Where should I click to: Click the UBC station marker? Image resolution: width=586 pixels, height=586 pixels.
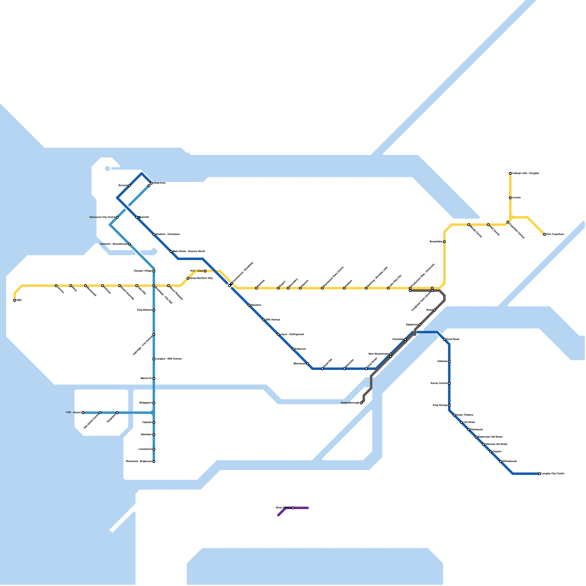tap(15, 300)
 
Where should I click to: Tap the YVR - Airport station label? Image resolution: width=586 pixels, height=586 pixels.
tap(73, 412)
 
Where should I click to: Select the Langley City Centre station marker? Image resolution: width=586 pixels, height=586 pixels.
tap(539, 474)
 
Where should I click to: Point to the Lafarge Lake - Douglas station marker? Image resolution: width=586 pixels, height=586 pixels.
tap(510, 173)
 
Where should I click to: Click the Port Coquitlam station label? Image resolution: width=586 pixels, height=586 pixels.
tap(555, 234)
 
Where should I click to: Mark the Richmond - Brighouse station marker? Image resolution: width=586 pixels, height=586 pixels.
tap(154, 461)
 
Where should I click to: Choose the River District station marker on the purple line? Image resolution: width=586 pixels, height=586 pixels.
tap(293, 508)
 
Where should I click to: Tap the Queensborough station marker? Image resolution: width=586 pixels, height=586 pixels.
tap(361, 403)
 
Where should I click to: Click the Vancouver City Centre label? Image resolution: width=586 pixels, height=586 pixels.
tap(102, 217)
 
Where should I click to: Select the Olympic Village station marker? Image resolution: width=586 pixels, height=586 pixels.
tap(154, 271)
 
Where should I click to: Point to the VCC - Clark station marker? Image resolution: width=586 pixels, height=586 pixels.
tap(205, 271)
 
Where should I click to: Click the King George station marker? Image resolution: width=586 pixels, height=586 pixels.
tap(449, 405)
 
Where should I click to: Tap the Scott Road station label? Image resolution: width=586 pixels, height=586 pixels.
tap(453, 340)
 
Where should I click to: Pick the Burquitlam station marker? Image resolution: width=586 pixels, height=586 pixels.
tap(444, 242)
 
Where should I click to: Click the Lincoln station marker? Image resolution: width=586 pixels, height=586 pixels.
tap(510, 198)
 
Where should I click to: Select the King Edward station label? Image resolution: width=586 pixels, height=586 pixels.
tap(144, 310)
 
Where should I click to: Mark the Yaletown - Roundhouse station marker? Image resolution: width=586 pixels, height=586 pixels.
tap(129, 244)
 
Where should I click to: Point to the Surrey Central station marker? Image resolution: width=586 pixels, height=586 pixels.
tap(449, 383)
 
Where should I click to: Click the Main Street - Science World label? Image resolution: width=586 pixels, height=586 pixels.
tap(189, 252)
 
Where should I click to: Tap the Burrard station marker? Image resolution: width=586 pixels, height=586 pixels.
tap(129, 186)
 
